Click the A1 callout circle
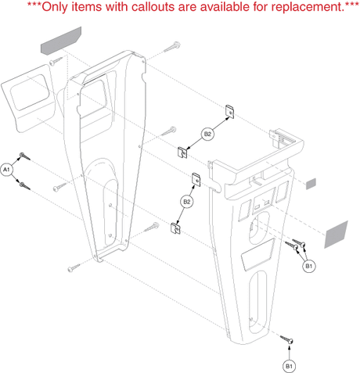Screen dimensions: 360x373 point(6,170)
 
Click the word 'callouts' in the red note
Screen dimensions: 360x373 point(153,6)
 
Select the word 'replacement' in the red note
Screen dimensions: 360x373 point(306,7)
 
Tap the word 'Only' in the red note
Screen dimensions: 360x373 point(55,7)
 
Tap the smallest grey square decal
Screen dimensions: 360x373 point(311,184)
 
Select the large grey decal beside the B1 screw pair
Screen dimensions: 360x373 point(336,235)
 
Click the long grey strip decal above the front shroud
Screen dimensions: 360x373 point(61,41)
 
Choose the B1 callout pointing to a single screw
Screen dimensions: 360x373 point(289,366)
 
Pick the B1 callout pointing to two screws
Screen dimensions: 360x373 point(308,266)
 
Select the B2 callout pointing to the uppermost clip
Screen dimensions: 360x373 point(207,134)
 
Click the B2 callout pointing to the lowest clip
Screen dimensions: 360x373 point(187,202)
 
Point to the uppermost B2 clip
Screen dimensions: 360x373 point(229,112)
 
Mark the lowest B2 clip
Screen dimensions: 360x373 point(175,228)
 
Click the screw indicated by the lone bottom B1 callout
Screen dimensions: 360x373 point(286,339)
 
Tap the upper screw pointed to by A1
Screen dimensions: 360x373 point(25,156)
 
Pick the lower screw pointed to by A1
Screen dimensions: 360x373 point(25,186)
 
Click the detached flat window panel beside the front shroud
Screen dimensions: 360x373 point(28,98)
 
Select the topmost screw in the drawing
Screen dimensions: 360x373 point(172,47)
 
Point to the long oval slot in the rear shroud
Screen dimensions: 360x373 point(257,302)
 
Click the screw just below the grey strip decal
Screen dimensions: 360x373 point(56,61)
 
